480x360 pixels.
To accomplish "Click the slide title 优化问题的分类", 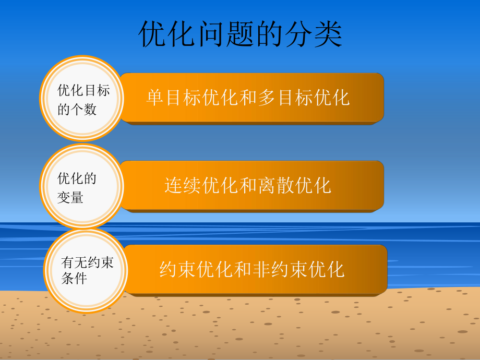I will click(241, 35).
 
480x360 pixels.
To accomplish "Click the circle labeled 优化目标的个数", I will click(82, 99).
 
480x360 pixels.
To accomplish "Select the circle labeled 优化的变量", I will click(82, 187).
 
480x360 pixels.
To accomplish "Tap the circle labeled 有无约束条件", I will click(86, 270).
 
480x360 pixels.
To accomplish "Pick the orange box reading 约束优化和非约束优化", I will click(255, 269).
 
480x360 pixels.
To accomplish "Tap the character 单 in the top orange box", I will click(155, 98).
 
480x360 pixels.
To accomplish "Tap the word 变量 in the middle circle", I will click(70, 198).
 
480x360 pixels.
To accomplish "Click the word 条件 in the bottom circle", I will click(74, 278).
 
